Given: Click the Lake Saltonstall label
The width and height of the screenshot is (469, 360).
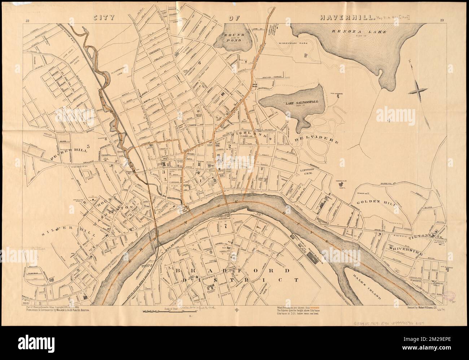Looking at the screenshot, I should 292,102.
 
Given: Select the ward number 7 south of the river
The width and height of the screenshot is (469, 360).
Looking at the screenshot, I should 225,226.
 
